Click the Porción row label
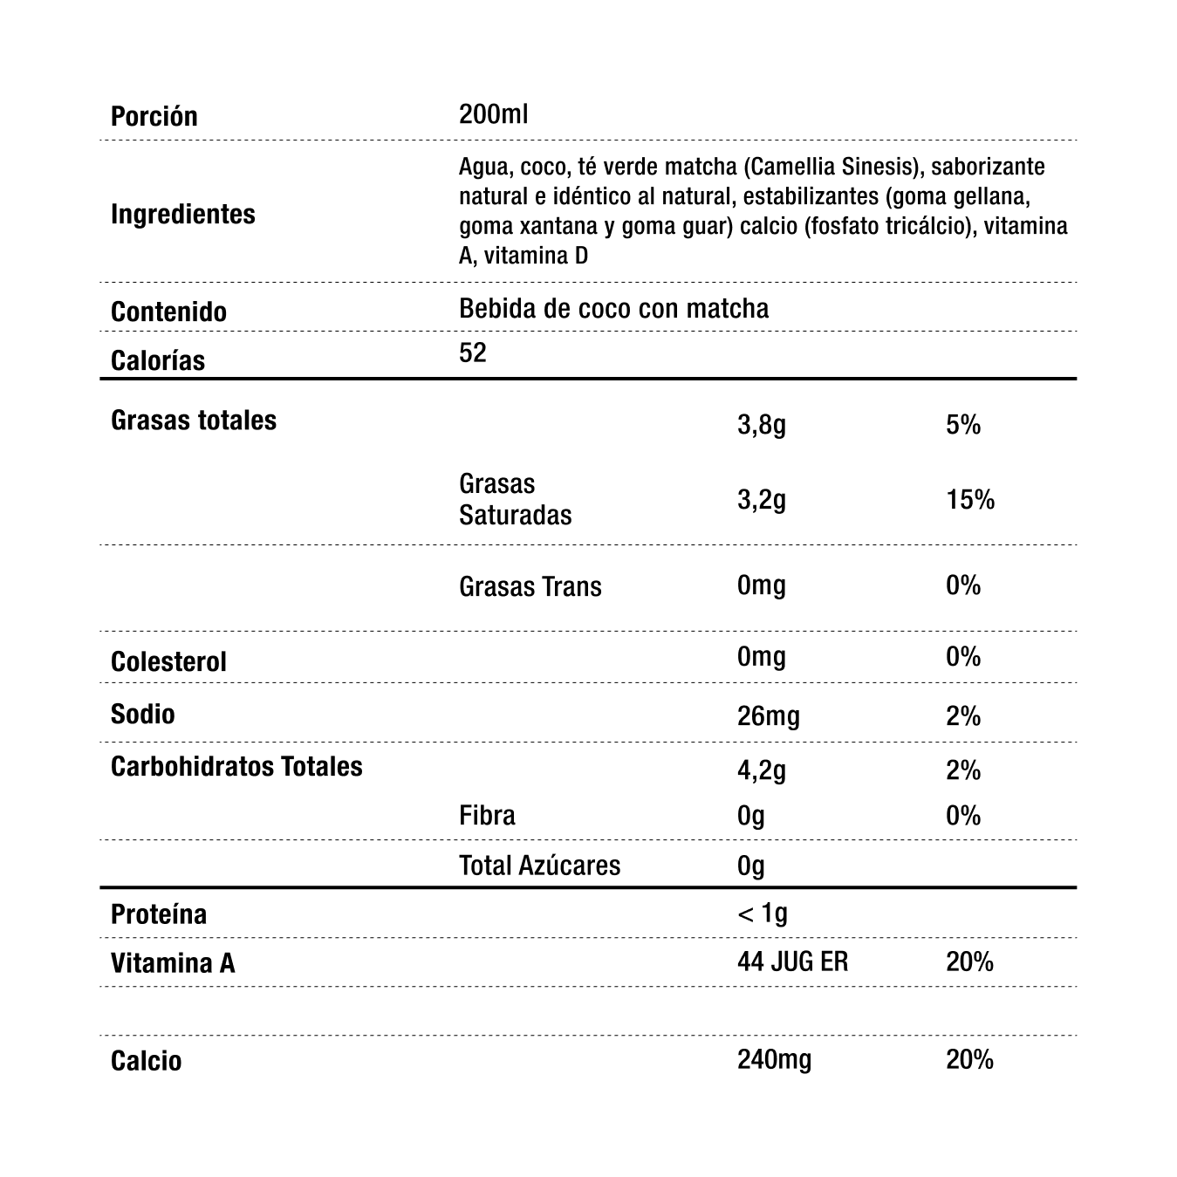click(154, 116)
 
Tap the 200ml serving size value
click(493, 114)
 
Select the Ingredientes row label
click(182, 214)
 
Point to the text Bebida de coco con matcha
click(613, 309)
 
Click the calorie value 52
click(472, 352)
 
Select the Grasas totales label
click(193, 421)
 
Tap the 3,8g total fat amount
click(761, 425)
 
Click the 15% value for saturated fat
click(969, 500)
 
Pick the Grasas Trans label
click(530, 586)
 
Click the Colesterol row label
click(168, 661)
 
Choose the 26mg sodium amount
click(768, 716)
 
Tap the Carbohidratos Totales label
click(236, 766)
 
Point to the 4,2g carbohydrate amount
click(761, 770)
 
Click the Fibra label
click(487, 816)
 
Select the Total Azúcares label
click(539, 866)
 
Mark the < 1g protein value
click(762, 914)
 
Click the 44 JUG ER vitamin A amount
click(792, 962)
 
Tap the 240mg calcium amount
click(774, 1060)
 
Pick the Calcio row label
click(146, 1061)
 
